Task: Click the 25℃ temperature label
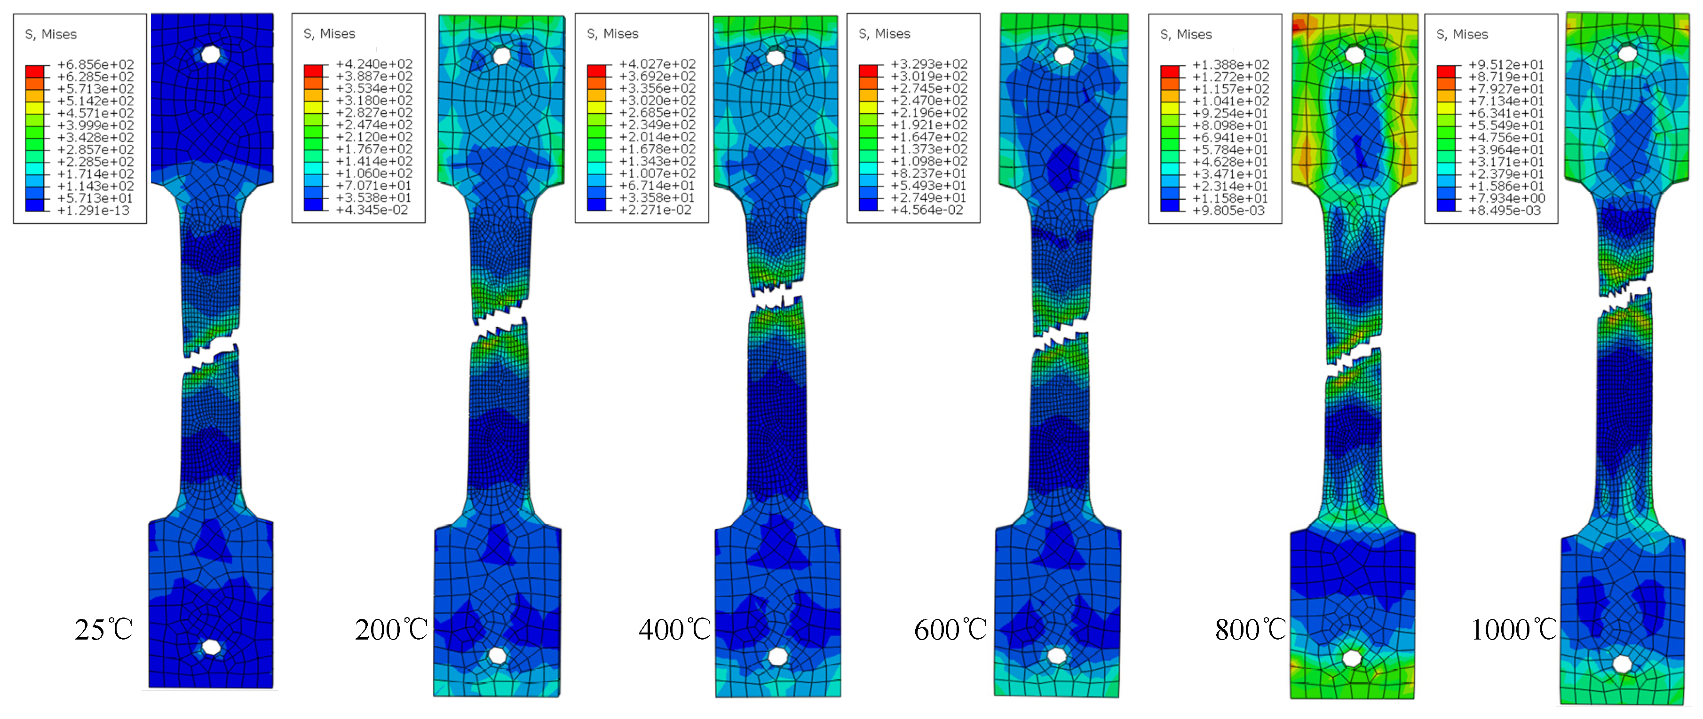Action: (x=104, y=630)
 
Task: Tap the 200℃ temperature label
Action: (x=391, y=630)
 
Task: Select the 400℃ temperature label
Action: (x=675, y=630)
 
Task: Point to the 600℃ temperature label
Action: (x=951, y=630)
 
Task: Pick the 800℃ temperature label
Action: (x=1252, y=630)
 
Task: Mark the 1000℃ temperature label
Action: (x=1514, y=630)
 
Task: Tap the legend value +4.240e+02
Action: (x=374, y=64)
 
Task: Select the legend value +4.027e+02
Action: (x=657, y=64)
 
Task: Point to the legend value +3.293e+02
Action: (x=929, y=64)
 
